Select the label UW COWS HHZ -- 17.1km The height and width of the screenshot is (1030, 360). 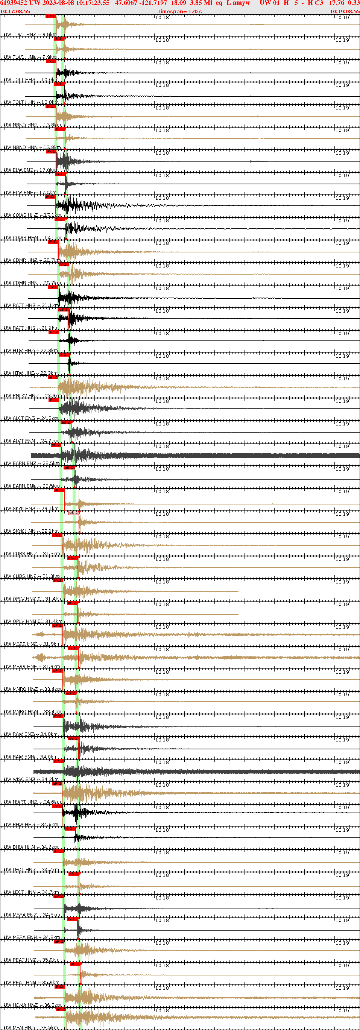tap(32, 215)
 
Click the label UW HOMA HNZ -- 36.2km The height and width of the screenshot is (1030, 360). tap(32, 1005)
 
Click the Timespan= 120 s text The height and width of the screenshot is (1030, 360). tap(179, 12)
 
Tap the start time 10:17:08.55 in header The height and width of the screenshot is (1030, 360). tap(15, 12)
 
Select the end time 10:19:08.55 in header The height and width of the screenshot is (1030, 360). tap(345, 12)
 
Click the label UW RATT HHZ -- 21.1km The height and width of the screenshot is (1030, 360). tap(31, 305)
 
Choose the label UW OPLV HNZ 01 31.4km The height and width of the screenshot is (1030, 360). tap(33, 599)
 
